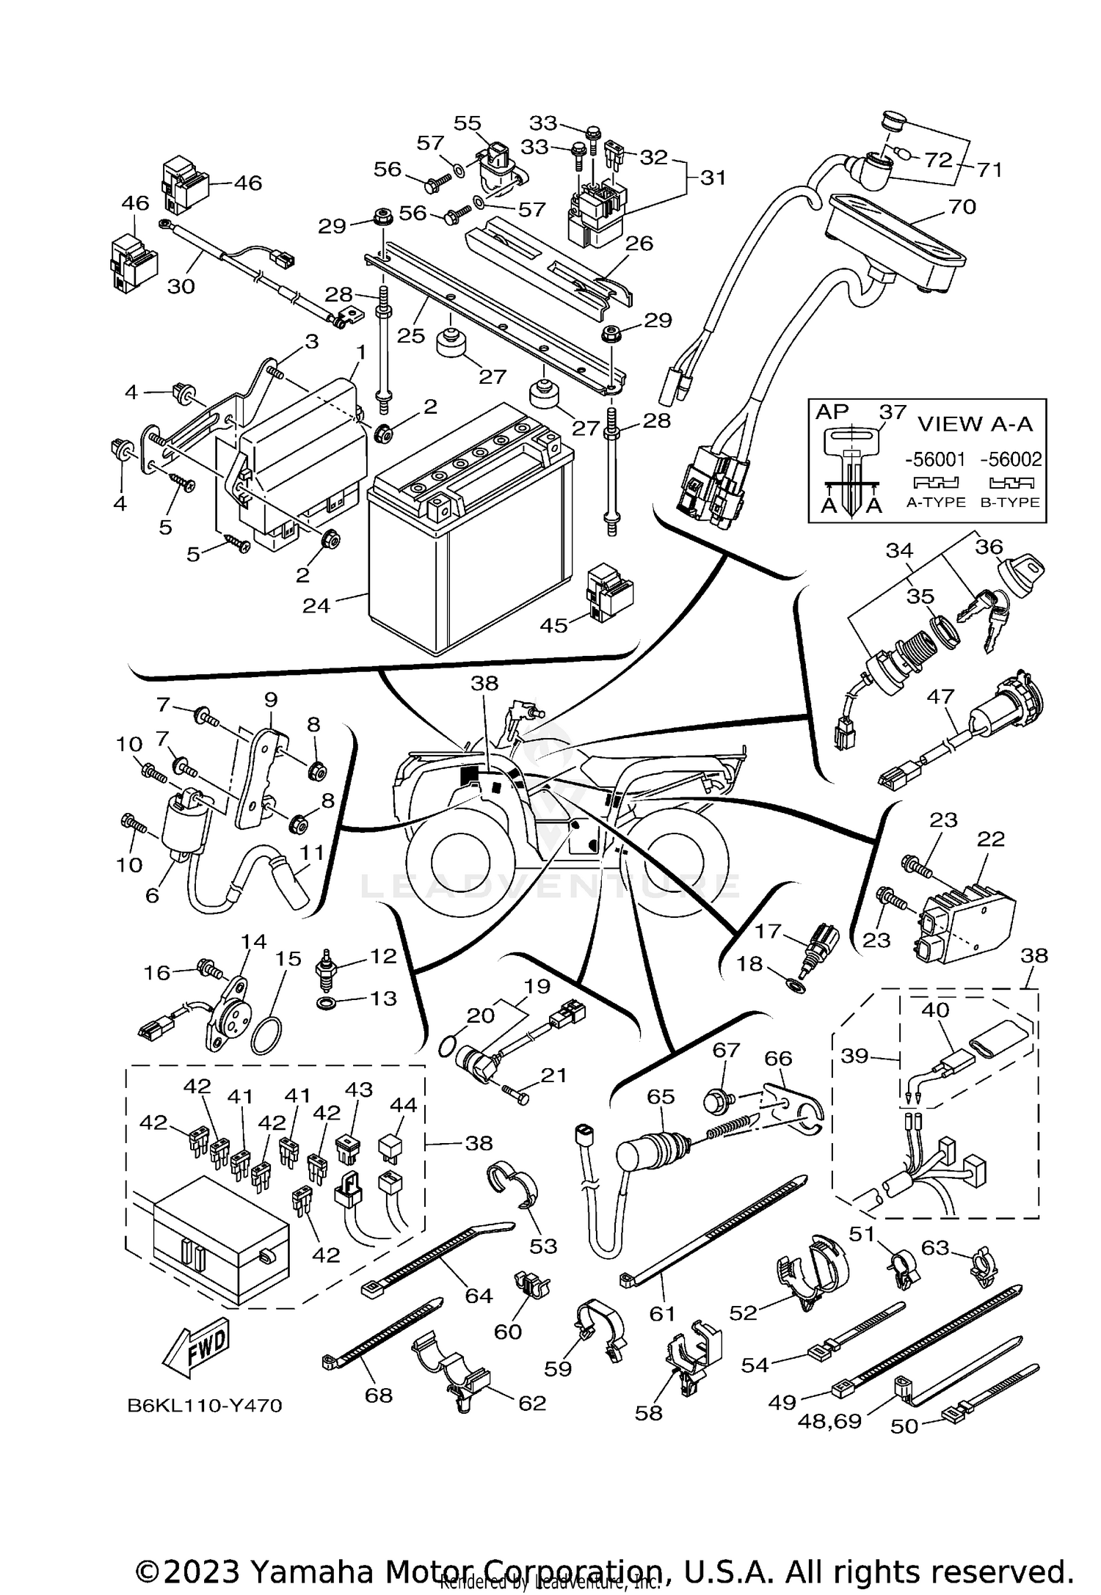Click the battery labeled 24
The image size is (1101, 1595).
[470, 558]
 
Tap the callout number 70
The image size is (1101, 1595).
[962, 207]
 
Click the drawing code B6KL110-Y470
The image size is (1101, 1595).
[205, 1406]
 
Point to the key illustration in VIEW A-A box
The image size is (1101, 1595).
[851, 467]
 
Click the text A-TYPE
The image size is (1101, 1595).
[935, 503]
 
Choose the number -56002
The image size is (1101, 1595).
[1011, 460]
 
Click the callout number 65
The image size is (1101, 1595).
[661, 1096]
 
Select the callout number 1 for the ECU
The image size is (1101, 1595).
[360, 352]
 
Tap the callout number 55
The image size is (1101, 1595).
[467, 123]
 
